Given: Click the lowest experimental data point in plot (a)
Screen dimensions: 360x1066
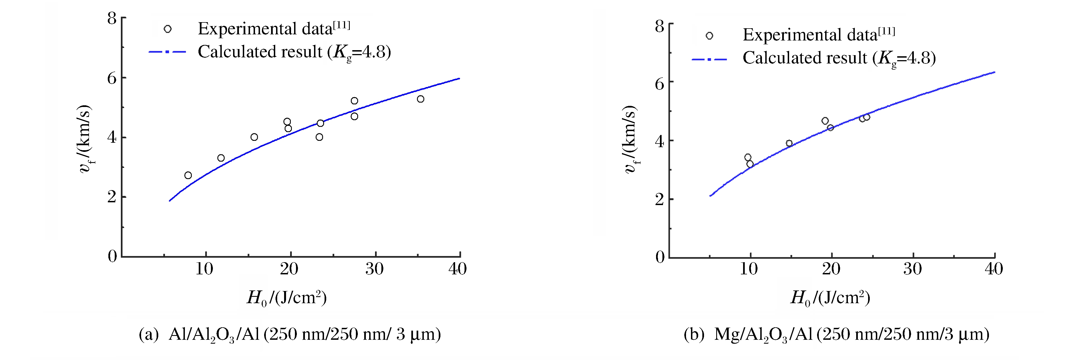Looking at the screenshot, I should click(188, 175).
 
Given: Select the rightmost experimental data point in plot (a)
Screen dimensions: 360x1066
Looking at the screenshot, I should click(420, 99).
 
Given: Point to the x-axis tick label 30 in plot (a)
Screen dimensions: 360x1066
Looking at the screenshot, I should click(374, 269).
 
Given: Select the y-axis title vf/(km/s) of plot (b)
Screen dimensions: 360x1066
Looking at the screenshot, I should click(630, 140).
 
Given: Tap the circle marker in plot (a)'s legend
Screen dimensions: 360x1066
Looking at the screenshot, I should click(168, 29).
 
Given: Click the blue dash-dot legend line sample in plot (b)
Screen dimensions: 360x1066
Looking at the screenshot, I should click(709, 60).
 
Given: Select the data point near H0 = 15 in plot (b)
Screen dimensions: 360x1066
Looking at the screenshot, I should click(789, 144).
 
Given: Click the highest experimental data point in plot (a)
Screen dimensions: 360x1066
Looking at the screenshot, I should click(354, 101).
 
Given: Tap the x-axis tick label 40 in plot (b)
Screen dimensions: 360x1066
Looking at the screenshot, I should click(994, 269).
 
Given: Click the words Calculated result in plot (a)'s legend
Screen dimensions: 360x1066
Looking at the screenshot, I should click(260, 52).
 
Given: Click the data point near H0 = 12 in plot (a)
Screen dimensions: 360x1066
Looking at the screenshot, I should click(221, 158).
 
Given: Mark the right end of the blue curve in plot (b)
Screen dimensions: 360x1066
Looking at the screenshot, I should click(994, 72).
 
